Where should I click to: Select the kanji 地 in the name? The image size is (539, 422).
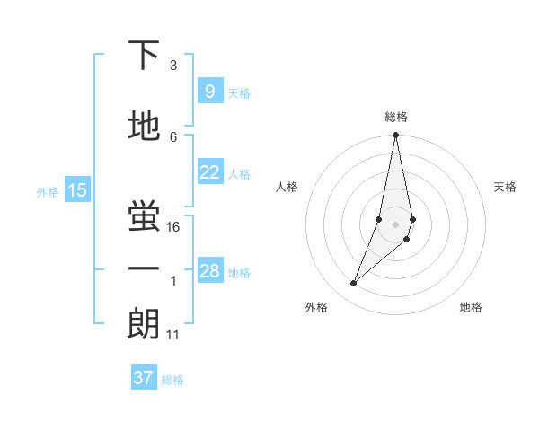tap(144, 127)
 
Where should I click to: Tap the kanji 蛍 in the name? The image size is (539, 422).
tap(144, 215)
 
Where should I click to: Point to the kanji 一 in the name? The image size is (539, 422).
tap(144, 268)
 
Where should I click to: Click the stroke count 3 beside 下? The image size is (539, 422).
tap(173, 66)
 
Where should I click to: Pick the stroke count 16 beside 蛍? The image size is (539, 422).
tap(174, 227)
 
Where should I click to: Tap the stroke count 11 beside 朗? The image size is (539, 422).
tap(173, 335)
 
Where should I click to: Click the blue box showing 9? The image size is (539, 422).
tap(209, 92)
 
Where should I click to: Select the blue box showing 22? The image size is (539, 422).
tap(209, 172)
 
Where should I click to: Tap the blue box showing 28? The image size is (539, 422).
tap(209, 271)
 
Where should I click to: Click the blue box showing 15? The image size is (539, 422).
tap(77, 189)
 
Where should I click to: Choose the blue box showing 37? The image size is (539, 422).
tap(144, 378)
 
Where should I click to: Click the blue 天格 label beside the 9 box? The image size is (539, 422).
tap(239, 93)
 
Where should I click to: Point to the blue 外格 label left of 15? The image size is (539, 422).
tap(48, 191)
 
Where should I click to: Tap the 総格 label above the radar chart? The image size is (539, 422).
tap(396, 117)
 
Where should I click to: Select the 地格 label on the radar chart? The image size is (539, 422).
tap(471, 307)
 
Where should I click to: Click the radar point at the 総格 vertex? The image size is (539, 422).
tap(395, 136)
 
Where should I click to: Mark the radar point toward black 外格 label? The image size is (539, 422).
tap(354, 284)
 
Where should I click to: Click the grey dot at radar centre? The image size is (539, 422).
tap(395, 224)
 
